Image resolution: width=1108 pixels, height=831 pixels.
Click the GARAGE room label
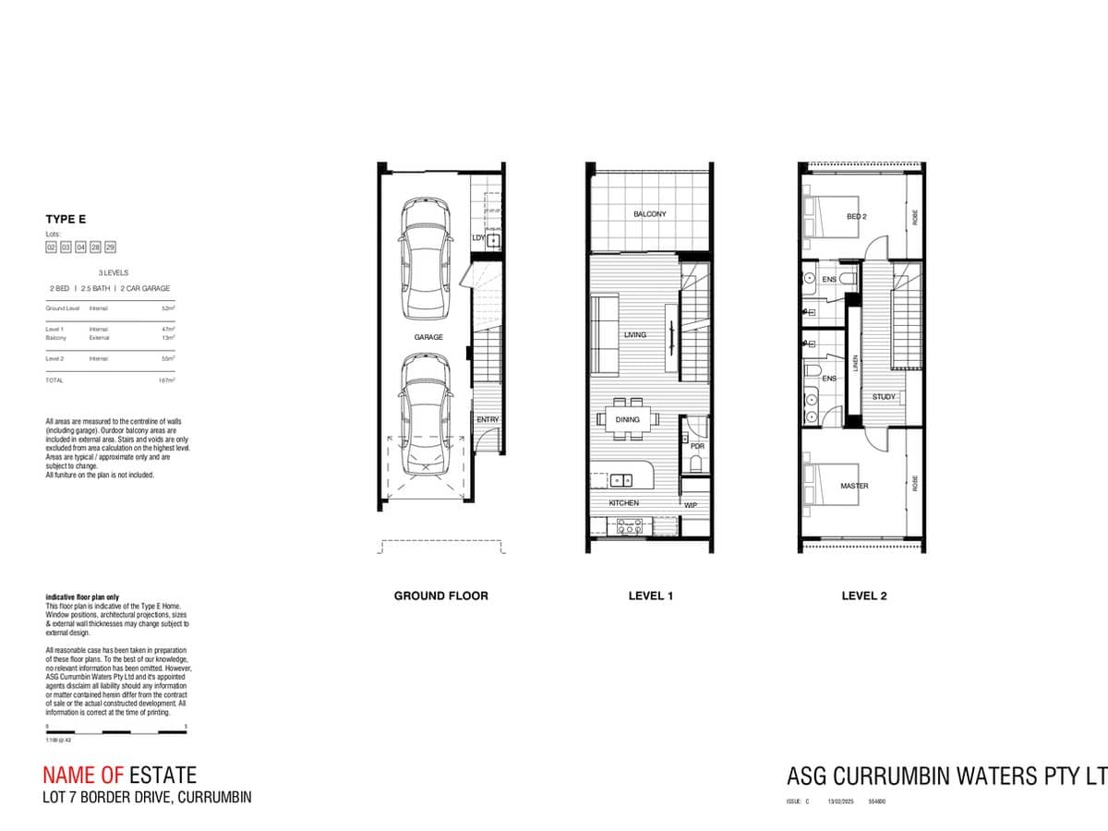[428, 338]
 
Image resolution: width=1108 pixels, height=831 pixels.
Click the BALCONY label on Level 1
[649, 214]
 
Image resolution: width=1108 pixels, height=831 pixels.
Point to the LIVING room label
[634, 334]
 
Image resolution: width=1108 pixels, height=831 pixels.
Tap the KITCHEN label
[623, 503]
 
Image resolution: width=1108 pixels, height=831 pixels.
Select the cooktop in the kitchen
[630, 526]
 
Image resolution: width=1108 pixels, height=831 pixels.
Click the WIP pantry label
[691, 505]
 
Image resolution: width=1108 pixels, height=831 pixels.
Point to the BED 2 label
[856, 217]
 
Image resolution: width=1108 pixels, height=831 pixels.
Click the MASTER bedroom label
[854, 486]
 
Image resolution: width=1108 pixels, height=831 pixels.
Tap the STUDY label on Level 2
[884, 397]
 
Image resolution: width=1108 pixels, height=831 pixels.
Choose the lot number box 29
[110, 247]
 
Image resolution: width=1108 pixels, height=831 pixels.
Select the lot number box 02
[52, 247]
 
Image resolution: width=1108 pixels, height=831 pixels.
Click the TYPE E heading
[66, 220]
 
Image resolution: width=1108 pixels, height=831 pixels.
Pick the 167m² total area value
[166, 380]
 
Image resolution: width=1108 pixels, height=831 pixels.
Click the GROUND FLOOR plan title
[440, 596]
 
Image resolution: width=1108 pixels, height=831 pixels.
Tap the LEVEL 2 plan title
[863, 596]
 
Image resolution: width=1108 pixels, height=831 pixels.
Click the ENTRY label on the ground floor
[488, 420]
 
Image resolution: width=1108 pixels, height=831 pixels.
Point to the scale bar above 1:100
[116, 733]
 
